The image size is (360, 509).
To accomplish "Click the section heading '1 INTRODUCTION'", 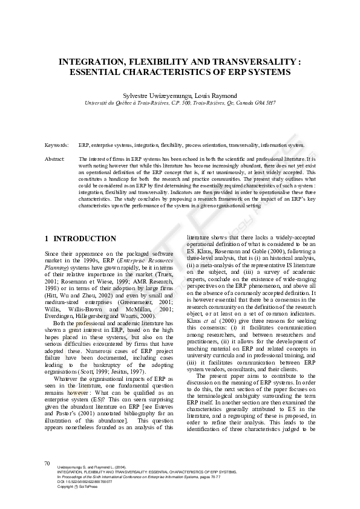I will click(x=80, y=239).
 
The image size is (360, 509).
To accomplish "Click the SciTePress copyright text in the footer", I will click(x=73, y=487).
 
